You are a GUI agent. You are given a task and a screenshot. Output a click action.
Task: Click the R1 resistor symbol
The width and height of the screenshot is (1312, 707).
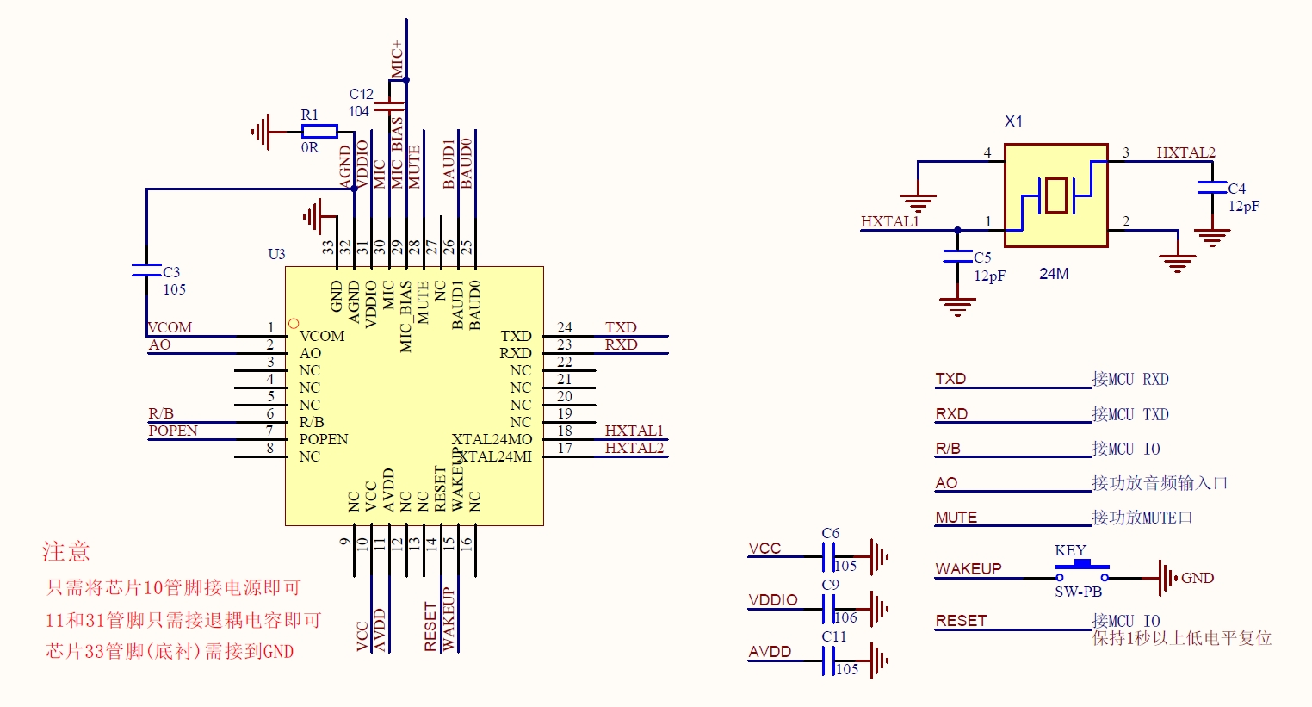pyautogui.click(x=319, y=131)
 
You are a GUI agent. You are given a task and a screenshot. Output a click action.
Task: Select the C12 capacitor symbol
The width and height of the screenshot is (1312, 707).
pyautogui.click(x=390, y=106)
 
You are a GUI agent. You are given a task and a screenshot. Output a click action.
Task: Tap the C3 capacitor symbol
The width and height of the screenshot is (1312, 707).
pyautogui.click(x=146, y=270)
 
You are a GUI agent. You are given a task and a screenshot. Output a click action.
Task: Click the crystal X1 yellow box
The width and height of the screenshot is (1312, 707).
pyautogui.click(x=1055, y=195)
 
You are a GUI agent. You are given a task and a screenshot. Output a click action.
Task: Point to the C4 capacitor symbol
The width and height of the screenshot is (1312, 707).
pyautogui.click(x=1212, y=187)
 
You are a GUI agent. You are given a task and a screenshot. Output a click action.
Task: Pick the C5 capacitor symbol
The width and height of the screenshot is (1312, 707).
pyautogui.click(x=957, y=256)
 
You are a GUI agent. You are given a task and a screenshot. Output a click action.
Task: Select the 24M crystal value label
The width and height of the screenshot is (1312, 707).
pyautogui.click(x=1054, y=274)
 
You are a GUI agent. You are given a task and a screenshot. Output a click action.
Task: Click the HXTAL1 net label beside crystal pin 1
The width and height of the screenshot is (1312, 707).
pyautogui.click(x=890, y=221)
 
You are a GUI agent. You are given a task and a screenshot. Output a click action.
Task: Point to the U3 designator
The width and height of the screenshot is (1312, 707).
pyautogui.click(x=276, y=254)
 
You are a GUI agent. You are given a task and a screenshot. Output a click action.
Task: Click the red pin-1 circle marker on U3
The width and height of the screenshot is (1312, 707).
pyautogui.click(x=294, y=324)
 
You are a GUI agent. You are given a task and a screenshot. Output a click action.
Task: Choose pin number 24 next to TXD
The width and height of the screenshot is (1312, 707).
pyautogui.click(x=565, y=327)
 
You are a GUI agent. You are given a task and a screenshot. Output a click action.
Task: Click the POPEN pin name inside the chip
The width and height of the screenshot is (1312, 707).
pyautogui.click(x=324, y=439)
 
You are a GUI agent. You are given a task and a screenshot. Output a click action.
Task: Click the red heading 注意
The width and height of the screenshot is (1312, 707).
pyautogui.click(x=66, y=551)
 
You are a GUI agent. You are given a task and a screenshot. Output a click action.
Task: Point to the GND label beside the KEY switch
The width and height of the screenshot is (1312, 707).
pyautogui.click(x=1198, y=578)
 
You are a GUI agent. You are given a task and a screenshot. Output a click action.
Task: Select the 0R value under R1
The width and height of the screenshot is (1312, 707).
pyautogui.click(x=310, y=148)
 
